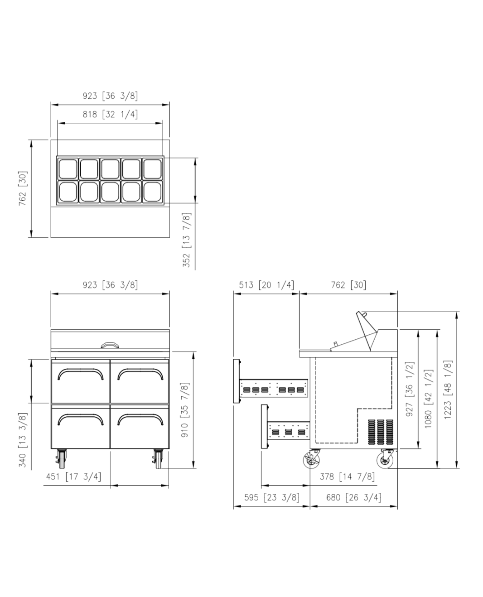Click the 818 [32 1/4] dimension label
[110, 114]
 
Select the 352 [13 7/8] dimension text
[186, 240]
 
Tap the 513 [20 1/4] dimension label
[266, 285]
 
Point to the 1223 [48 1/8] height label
[448, 390]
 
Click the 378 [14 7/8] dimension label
[347, 477]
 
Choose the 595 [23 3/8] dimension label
[272, 497]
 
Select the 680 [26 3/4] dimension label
[353, 497]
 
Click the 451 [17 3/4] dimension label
[73, 477]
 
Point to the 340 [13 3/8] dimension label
[22, 440]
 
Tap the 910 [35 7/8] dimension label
[185, 409]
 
